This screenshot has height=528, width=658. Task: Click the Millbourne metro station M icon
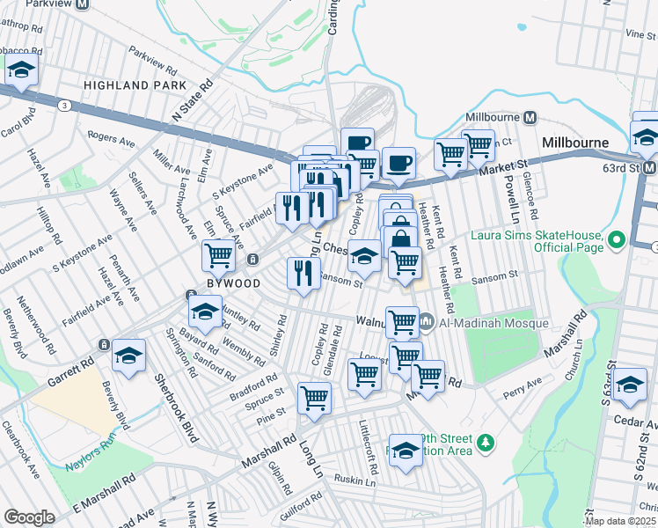point(530,117)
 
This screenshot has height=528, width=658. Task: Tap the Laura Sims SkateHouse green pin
point(616,239)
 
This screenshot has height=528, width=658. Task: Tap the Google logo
point(30,517)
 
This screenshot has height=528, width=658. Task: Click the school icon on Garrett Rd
point(129,356)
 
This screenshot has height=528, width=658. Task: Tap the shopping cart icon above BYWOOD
point(218,256)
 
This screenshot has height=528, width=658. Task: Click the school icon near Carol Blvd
point(23,70)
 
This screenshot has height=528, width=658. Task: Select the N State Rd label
point(194,101)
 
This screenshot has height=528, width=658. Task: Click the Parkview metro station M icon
point(82,4)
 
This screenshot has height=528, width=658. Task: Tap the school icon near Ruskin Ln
point(405,451)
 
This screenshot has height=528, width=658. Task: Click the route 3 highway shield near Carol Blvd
point(65,105)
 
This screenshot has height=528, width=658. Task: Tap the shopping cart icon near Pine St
point(314,398)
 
